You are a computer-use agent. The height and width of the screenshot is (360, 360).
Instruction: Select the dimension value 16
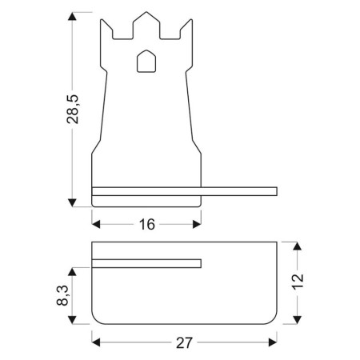click(x=146, y=225)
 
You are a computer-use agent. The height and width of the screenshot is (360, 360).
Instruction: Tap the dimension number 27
click(x=185, y=343)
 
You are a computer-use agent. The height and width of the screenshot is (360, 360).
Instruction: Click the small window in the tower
click(x=146, y=61)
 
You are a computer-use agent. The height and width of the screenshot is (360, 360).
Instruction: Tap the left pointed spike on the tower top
click(x=106, y=24)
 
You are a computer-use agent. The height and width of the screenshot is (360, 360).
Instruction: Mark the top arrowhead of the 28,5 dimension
click(x=73, y=17)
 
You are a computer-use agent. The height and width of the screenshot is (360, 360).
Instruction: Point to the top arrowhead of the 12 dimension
click(x=297, y=246)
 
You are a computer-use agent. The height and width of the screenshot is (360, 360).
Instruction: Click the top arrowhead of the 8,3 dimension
click(x=73, y=269)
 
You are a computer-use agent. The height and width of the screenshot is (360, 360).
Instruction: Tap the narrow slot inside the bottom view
click(x=146, y=263)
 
